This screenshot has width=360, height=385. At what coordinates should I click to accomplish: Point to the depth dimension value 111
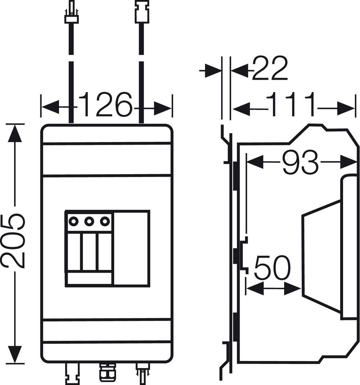tap(290, 104)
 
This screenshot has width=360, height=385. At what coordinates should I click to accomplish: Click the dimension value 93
tap(300, 162)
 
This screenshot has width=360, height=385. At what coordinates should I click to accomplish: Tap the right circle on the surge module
tap(104, 221)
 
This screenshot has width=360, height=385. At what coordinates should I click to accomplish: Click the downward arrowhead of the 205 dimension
tap(14, 354)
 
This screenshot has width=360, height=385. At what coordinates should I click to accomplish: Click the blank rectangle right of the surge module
tap(131, 249)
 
